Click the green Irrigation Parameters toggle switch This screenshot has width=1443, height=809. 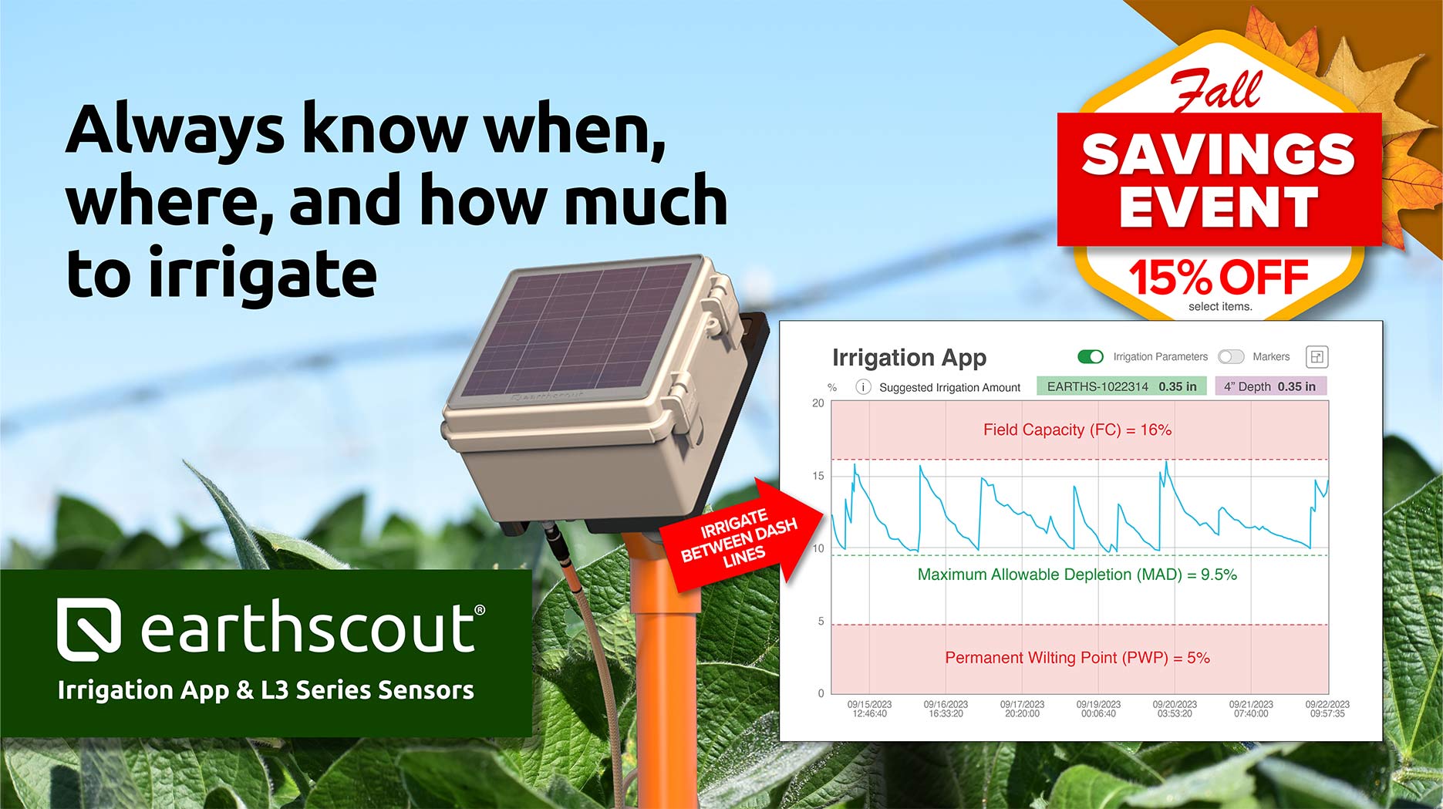point(1090,356)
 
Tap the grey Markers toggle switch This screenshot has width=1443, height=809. point(1231,356)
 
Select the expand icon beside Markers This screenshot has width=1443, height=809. point(1317,356)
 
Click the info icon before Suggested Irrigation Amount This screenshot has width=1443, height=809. point(863,387)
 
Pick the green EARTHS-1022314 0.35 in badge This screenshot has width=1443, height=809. point(1121,386)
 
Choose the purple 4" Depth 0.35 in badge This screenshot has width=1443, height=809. point(1271,386)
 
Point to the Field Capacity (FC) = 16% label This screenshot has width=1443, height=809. point(1077,430)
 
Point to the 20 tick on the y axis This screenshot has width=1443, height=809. point(818,403)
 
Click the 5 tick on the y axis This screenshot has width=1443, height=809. point(821,621)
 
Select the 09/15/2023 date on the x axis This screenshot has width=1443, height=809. point(869,704)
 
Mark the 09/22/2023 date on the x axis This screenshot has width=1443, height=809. point(1327,704)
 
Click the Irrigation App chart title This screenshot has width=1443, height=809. point(909,358)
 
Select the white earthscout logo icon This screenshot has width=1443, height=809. point(89,629)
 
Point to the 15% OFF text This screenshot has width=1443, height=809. point(1219,277)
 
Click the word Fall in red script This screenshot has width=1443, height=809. point(1216,90)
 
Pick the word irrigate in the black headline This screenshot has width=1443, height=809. point(262,274)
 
